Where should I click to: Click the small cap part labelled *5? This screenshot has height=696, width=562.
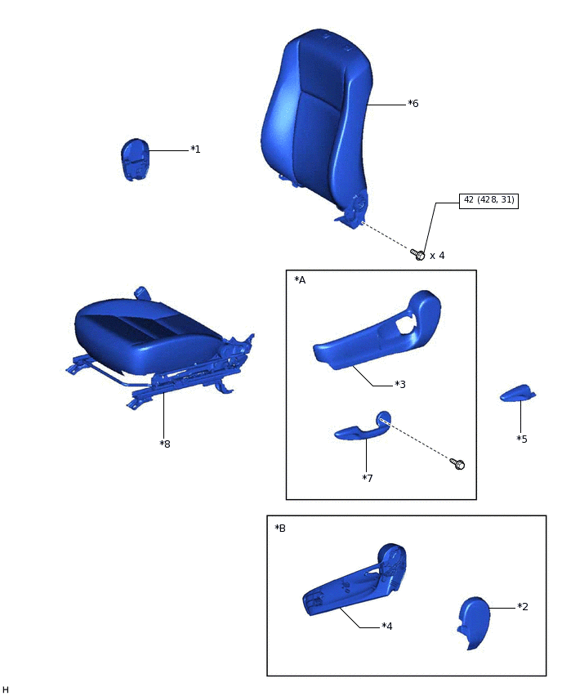[517, 394]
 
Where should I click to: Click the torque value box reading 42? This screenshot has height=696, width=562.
[488, 200]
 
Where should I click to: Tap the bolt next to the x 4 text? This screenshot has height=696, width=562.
[418, 255]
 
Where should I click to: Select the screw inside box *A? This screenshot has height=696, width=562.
[458, 464]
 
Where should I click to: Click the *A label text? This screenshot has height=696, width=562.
[300, 280]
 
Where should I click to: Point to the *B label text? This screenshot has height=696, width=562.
[280, 529]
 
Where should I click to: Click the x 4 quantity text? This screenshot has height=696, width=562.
[437, 256]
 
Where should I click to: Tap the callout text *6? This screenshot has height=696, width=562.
[413, 104]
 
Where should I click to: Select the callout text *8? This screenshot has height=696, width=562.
[165, 444]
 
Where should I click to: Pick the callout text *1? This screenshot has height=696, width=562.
[195, 149]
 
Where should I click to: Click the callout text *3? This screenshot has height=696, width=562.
[400, 384]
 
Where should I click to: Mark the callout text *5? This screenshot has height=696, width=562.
[522, 439]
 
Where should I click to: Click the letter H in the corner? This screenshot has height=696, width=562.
[6, 690]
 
